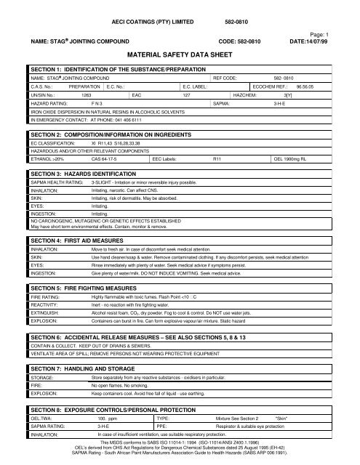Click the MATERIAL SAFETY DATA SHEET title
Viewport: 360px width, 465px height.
[179, 54]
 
